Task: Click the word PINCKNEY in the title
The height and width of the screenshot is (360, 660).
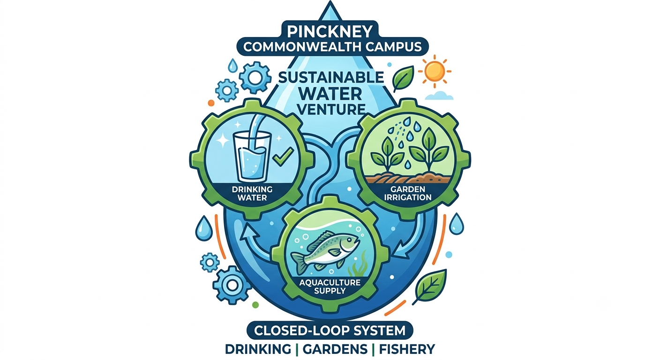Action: pyautogui.click(x=330, y=31)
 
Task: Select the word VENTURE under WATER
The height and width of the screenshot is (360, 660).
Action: pyautogui.click(x=331, y=109)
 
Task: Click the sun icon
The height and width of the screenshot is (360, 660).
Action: pyautogui.click(x=435, y=71)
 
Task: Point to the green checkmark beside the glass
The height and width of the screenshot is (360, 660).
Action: pyautogui.click(x=283, y=156)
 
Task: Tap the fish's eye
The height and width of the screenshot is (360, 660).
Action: pyautogui.click(x=353, y=239)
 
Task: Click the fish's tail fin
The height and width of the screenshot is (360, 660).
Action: pyautogui.click(x=299, y=262)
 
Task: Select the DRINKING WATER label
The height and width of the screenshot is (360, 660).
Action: pyautogui.click(x=252, y=193)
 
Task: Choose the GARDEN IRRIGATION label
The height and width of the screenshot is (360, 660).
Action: pyautogui.click(x=408, y=193)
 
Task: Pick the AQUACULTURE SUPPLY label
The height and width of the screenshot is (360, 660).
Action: pyautogui.click(x=330, y=287)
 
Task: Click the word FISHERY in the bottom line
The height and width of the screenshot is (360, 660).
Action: pyautogui.click(x=407, y=349)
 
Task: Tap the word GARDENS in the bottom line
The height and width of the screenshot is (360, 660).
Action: pyautogui.click(x=335, y=349)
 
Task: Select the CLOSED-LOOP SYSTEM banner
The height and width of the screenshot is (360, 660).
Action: pyautogui.click(x=330, y=330)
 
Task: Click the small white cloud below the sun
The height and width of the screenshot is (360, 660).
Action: pyautogui.click(x=439, y=96)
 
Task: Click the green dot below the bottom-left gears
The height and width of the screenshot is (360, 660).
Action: pyautogui.click(x=255, y=305)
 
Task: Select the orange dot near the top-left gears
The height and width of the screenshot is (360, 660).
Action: pyautogui.click(x=211, y=103)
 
